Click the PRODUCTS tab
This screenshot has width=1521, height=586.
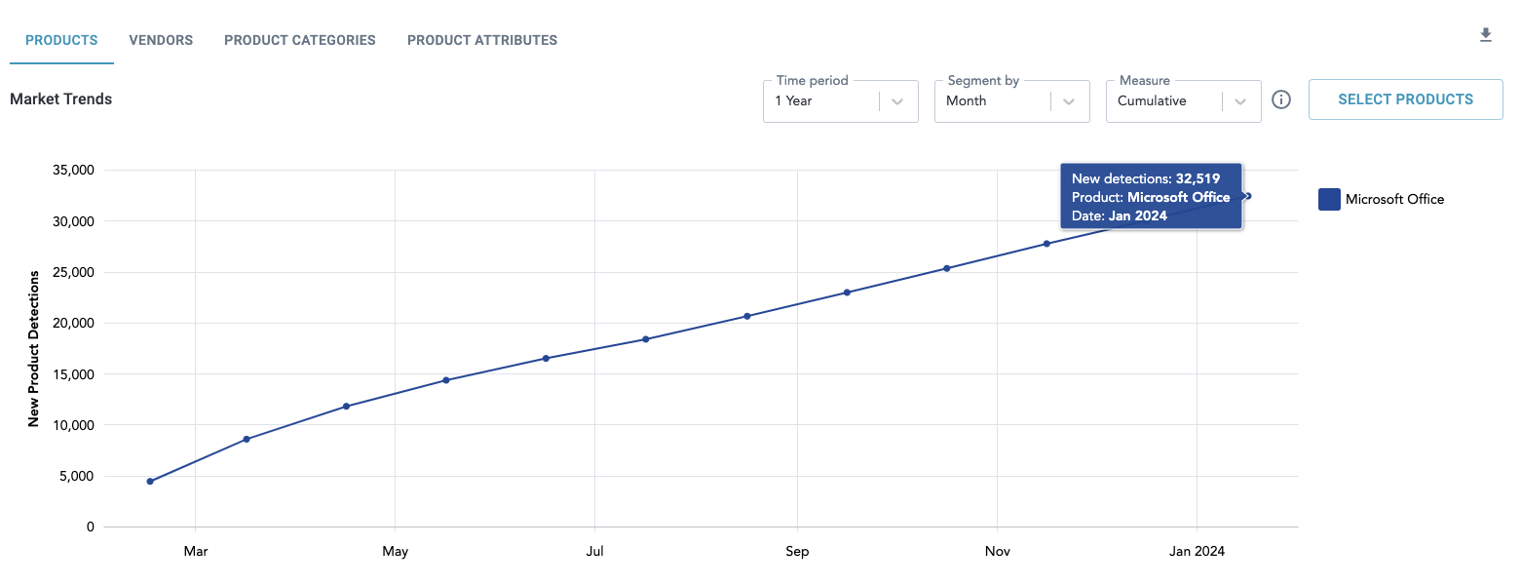[61, 41]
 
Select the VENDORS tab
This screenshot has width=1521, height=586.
[161, 41]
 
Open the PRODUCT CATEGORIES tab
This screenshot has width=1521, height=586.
[300, 41]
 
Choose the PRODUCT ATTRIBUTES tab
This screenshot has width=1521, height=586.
[482, 41]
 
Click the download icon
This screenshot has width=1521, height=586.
[1486, 36]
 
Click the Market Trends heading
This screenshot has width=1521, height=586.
[61, 99]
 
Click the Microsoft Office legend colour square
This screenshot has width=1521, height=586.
[1329, 199]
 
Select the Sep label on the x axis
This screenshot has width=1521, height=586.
[797, 552]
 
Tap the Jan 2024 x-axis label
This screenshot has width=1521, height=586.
[1197, 552]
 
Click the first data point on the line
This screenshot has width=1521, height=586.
[150, 482]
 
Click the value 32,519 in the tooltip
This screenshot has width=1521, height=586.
[1198, 179]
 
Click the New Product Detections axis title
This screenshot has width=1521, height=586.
[34, 348]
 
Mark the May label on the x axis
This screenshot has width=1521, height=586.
[395, 552]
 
